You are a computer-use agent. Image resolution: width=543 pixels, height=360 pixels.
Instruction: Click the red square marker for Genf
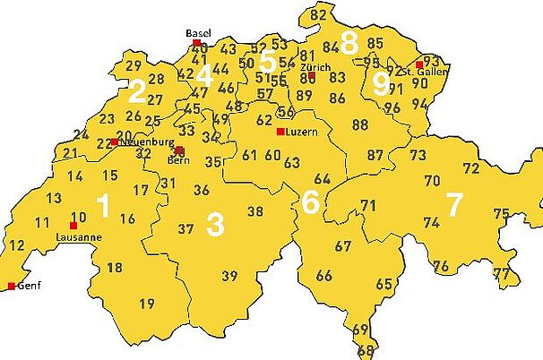(x=12, y=287)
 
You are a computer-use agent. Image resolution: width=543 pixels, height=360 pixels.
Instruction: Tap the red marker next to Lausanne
(x=73, y=226)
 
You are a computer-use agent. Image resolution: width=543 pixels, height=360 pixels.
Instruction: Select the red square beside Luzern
(x=280, y=132)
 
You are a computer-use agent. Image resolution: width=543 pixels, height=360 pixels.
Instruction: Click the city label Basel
(x=198, y=33)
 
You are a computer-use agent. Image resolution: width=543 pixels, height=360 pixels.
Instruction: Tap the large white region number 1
(x=103, y=207)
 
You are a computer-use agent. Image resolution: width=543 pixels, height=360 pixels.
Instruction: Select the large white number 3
(x=215, y=224)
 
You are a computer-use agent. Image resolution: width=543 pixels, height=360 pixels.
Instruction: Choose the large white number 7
(x=454, y=204)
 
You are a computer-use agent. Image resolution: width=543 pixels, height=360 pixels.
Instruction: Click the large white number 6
(x=310, y=202)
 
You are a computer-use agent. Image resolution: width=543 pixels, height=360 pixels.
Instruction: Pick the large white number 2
(x=136, y=90)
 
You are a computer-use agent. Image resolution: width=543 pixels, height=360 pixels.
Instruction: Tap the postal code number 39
(x=230, y=276)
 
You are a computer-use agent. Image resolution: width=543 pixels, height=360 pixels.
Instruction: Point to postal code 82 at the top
(x=319, y=15)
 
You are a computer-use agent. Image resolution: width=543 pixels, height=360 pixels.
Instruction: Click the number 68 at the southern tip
(x=365, y=350)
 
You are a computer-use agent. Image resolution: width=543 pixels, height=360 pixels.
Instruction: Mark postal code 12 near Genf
(x=17, y=245)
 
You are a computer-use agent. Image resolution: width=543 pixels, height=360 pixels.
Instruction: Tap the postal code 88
(x=360, y=124)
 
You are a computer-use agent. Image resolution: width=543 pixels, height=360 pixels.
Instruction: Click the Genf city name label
(x=30, y=287)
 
